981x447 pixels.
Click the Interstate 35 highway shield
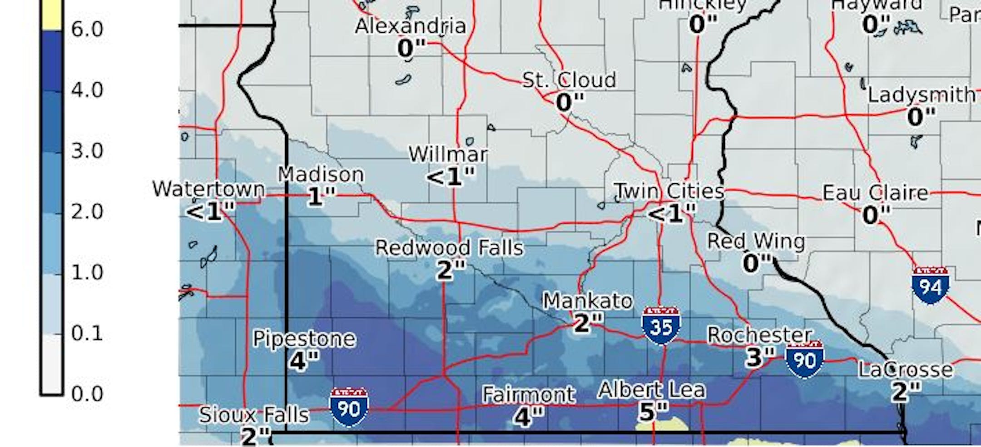[x=661, y=326]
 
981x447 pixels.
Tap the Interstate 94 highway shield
[x=930, y=286]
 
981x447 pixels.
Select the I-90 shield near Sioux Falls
[x=349, y=407]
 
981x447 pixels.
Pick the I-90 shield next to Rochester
[x=804, y=359]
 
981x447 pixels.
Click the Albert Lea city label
[x=651, y=390]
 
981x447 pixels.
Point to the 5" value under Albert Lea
[x=653, y=412]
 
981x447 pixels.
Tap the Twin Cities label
[x=669, y=191]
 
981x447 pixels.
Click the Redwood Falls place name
[x=449, y=248]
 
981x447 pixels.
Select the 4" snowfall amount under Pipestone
[x=303, y=361]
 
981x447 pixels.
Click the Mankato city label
[x=587, y=301]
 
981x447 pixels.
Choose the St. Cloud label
[x=569, y=80]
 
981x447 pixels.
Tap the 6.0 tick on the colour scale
[x=87, y=30]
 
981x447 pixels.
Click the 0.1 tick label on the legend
[x=87, y=333]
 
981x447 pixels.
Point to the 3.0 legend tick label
[x=87, y=151]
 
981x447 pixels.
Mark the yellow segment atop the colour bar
[x=51, y=14]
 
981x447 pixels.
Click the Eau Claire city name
[x=875, y=193]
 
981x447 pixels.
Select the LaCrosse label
[x=905, y=370]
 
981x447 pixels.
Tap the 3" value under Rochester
[x=759, y=357]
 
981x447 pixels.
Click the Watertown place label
[x=208, y=189]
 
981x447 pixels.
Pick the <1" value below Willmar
[x=450, y=176]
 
